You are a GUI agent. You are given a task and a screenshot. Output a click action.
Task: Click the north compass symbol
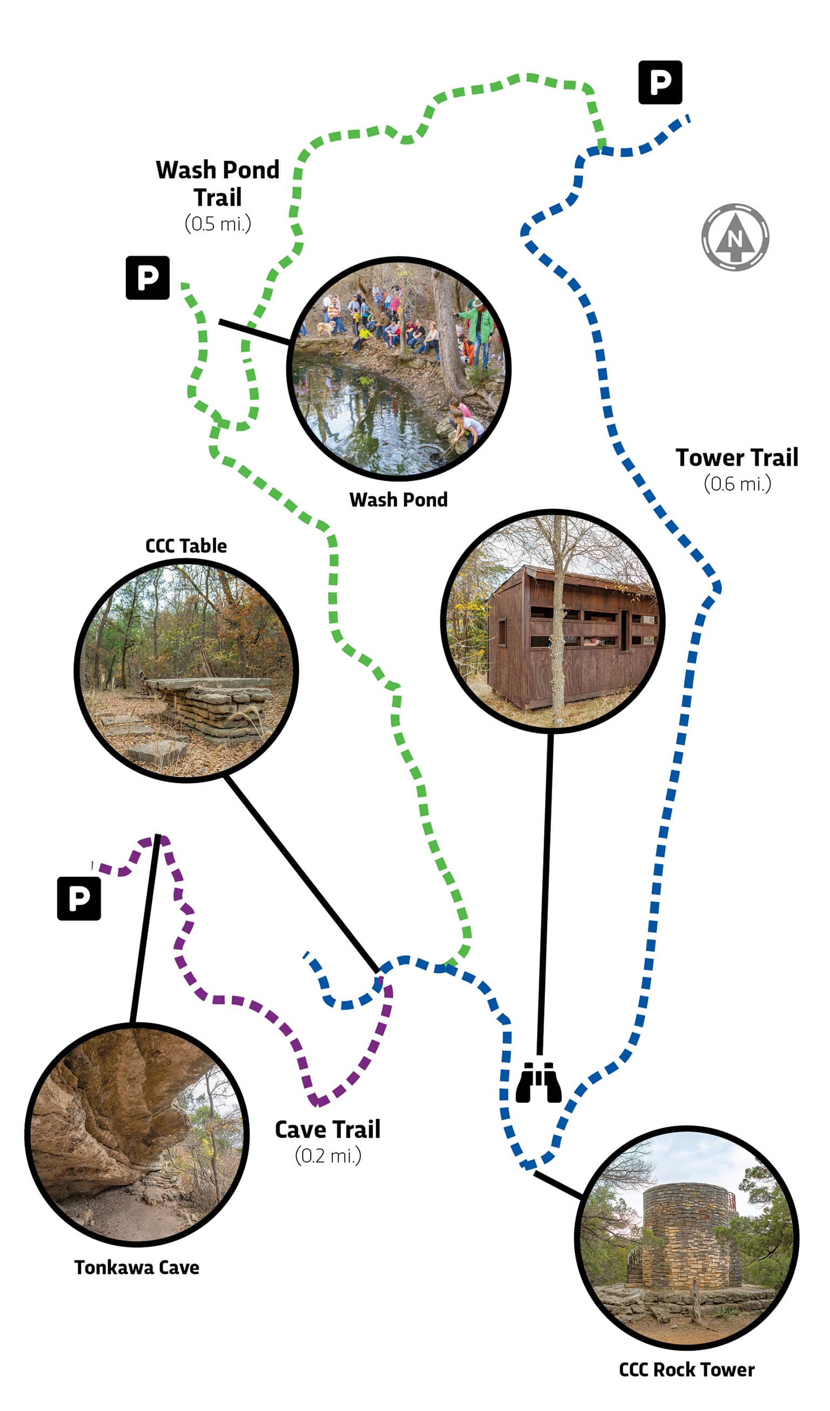(735, 237)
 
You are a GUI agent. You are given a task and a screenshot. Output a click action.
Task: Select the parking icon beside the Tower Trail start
(660, 82)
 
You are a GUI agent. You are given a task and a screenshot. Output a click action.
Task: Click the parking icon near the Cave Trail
(79, 898)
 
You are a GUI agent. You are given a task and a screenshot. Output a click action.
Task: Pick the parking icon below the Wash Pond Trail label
(148, 278)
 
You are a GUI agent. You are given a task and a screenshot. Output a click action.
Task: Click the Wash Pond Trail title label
(218, 184)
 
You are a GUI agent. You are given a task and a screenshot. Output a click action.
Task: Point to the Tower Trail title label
(737, 458)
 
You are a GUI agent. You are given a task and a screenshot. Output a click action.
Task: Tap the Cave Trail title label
(327, 1130)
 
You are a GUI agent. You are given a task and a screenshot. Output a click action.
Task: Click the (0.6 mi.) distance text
(737, 484)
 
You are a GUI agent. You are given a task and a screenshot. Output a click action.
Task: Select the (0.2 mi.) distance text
(328, 1155)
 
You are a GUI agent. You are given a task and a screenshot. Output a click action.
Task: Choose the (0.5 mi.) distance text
(218, 224)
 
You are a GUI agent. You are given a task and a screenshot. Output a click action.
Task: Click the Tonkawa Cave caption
(137, 1267)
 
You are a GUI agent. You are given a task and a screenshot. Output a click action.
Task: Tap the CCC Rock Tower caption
(687, 1369)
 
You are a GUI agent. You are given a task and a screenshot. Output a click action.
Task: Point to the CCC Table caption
(186, 546)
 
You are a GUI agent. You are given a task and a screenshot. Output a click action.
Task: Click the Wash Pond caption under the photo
(398, 500)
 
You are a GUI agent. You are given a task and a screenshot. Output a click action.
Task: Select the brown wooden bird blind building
(571, 639)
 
